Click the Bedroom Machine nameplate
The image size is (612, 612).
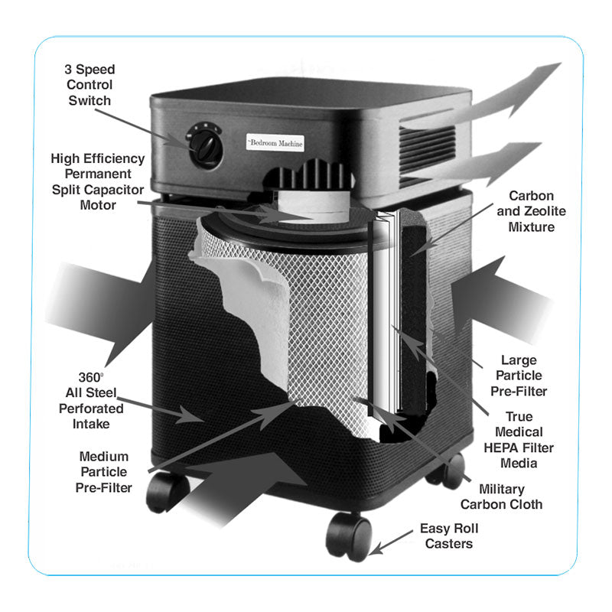(x=275, y=143)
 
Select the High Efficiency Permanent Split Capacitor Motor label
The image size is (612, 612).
(x=97, y=181)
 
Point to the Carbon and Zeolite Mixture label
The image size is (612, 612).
(x=531, y=212)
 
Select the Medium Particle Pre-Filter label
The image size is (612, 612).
(x=103, y=471)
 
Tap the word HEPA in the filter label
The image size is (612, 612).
(x=508, y=448)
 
